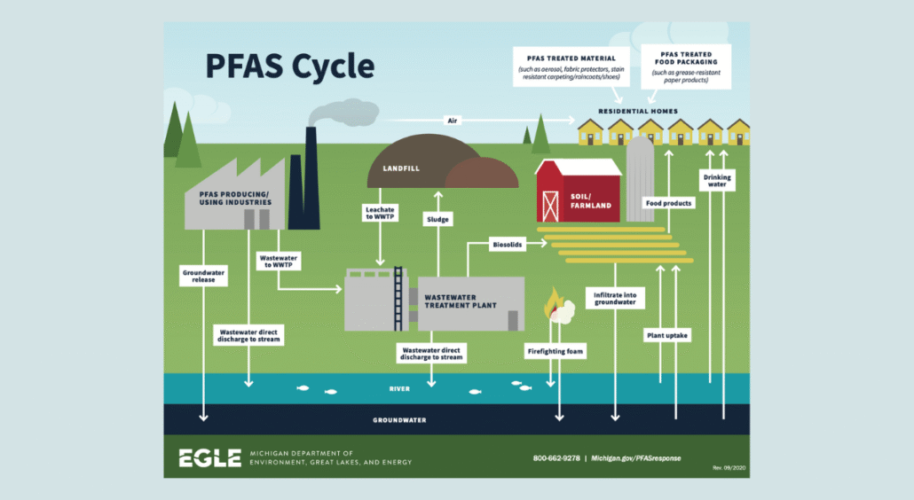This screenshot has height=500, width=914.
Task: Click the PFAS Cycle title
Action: click(x=290, y=66)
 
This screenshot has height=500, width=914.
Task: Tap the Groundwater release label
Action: click(x=203, y=276)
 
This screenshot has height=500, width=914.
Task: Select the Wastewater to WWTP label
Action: click(x=279, y=262)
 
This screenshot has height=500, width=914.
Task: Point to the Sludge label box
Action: click(x=437, y=218)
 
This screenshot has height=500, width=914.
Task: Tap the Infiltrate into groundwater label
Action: click(x=616, y=297)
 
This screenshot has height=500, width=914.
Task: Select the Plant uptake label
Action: click(x=666, y=336)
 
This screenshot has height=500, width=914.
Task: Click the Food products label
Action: click(x=668, y=203)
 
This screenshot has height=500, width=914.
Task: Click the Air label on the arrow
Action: click(x=452, y=119)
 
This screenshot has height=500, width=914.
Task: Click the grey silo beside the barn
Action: click(x=640, y=178)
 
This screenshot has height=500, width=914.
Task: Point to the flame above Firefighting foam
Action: click(x=553, y=301)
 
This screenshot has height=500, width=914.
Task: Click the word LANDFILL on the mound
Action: click(x=400, y=168)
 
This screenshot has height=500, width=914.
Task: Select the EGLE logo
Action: click(x=209, y=457)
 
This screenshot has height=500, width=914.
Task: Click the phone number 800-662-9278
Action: click(x=555, y=457)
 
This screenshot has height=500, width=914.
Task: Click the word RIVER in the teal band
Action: click(x=400, y=388)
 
